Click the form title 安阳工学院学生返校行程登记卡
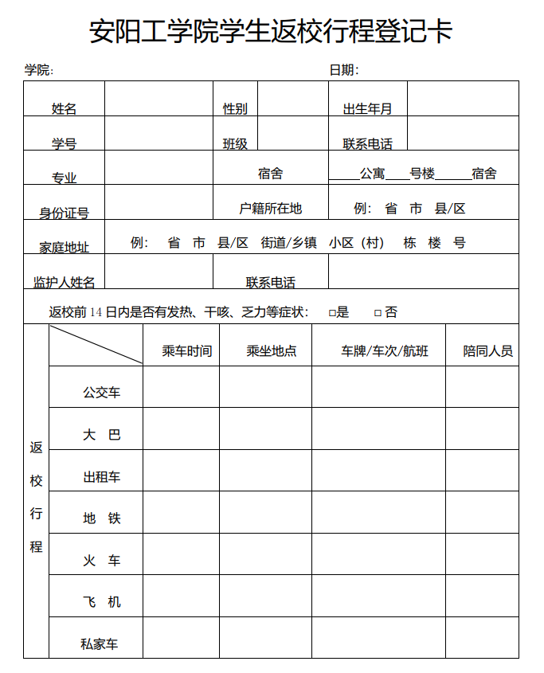[271, 32]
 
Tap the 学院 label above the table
[38, 70]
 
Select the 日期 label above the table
[343, 70]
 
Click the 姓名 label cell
[65, 108]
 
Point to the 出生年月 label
[367, 108]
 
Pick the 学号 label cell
[65, 143]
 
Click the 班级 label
[235, 143]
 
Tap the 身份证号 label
[65, 213]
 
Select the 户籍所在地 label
[271, 208]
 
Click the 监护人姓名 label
[65, 282]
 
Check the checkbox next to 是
[332, 313]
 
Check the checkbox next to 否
[378, 313]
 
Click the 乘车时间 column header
[187, 350]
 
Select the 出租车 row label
[102, 477]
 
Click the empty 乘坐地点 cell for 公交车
[266, 387]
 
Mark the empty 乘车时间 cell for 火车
[182, 554]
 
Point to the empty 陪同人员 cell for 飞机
[482, 596]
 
